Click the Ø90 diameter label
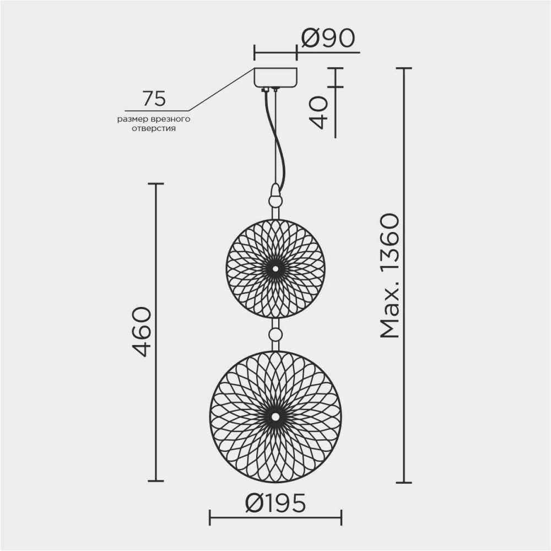point(327,39)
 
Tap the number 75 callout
point(154,99)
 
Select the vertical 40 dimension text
point(318,112)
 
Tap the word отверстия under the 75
point(154,129)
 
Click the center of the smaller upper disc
point(275,268)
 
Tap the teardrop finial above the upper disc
point(275,196)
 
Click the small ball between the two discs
point(275,334)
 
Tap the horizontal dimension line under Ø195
point(275,516)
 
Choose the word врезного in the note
point(170,119)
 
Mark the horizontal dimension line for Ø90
point(275,53)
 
